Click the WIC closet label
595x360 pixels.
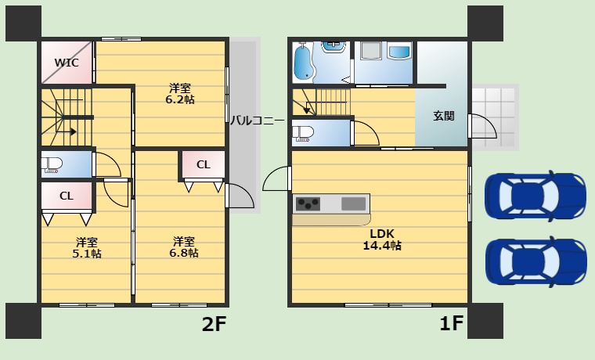click(66, 63)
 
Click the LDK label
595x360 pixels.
click(382, 232)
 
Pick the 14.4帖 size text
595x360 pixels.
click(382, 246)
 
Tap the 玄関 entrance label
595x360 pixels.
click(443, 116)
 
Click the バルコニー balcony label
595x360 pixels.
click(257, 121)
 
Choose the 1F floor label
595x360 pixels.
click(451, 323)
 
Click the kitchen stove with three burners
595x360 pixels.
click(307, 203)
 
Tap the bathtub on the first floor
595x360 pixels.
click(302, 62)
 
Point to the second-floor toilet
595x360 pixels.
click(52, 164)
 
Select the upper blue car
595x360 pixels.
click(535, 195)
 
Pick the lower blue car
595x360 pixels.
click(535, 261)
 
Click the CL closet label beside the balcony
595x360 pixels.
click(203, 164)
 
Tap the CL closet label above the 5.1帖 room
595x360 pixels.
click(67, 196)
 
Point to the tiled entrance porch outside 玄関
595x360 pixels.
click(495, 115)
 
